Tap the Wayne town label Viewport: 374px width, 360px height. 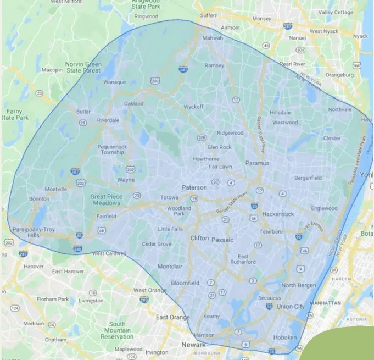[x=126, y=180]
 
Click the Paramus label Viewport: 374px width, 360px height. [x=257, y=163]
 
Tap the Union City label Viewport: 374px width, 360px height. [x=292, y=306]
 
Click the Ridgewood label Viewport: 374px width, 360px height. [x=230, y=132]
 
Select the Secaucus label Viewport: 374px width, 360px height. [x=270, y=297]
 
